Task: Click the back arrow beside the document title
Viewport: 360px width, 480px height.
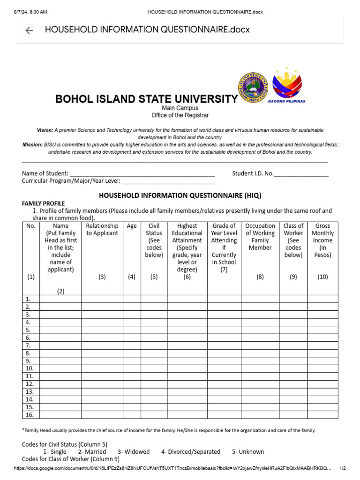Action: coord(29,30)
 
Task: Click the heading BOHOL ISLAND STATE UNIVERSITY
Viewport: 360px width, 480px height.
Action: coord(146,99)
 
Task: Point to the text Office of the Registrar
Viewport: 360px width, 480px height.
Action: coord(180,115)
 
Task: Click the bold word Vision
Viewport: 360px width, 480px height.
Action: coord(45,130)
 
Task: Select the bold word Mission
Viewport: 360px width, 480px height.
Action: coord(32,145)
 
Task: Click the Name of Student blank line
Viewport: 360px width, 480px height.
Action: coord(142,174)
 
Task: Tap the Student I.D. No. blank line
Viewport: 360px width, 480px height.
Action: coord(301,174)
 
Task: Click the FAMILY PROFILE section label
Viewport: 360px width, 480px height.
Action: coord(44,203)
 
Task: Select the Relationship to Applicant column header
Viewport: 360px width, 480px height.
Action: coord(102,230)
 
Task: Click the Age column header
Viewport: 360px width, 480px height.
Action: coord(132,226)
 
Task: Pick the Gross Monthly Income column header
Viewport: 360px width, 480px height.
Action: coord(322,240)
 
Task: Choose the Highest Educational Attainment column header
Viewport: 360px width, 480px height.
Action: coord(187,247)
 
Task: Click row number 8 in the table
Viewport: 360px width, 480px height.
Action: coord(28,353)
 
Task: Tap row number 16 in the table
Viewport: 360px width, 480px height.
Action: coord(30,414)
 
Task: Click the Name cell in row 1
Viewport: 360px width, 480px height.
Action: coord(60,299)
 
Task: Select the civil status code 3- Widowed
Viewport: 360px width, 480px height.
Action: coord(134,451)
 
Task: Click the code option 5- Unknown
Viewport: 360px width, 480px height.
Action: coord(248,451)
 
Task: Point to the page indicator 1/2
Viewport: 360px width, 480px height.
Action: coord(343,468)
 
